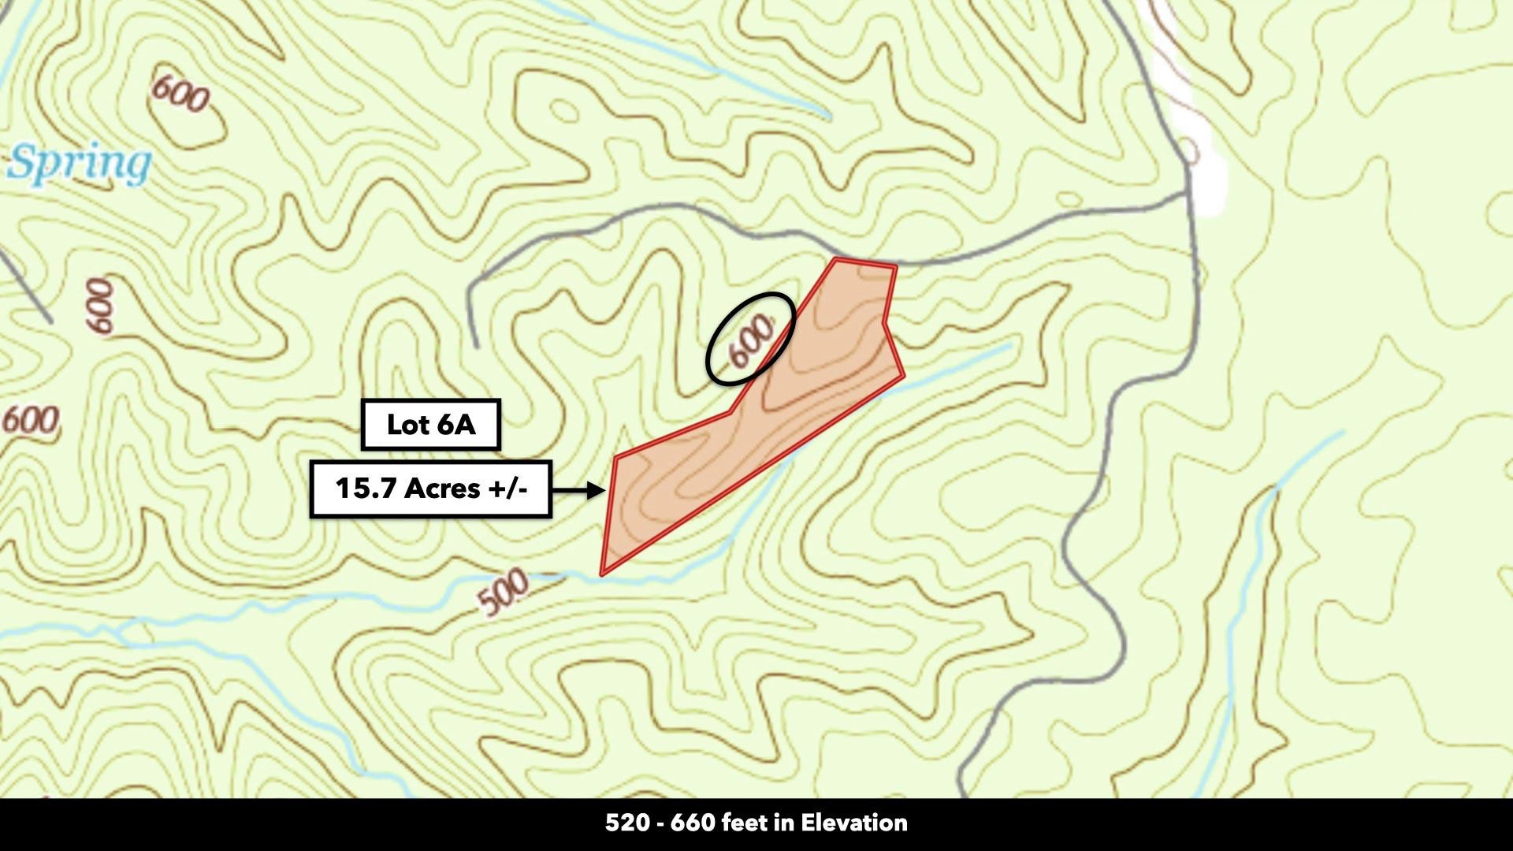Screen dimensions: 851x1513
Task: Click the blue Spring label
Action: pyautogui.click(x=80, y=164)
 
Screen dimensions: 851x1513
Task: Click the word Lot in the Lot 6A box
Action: pyautogui.click(x=407, y=425)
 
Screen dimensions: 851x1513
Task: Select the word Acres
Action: pyautogui.click(x=442, y=489)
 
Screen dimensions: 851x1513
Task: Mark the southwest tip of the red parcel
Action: pyautogui.click(x=603, y=573)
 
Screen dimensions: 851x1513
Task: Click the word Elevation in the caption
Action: pyautogui.click(x=854, y=823)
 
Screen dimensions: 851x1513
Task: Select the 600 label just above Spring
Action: pyautogui.click(x=180, y=93)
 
